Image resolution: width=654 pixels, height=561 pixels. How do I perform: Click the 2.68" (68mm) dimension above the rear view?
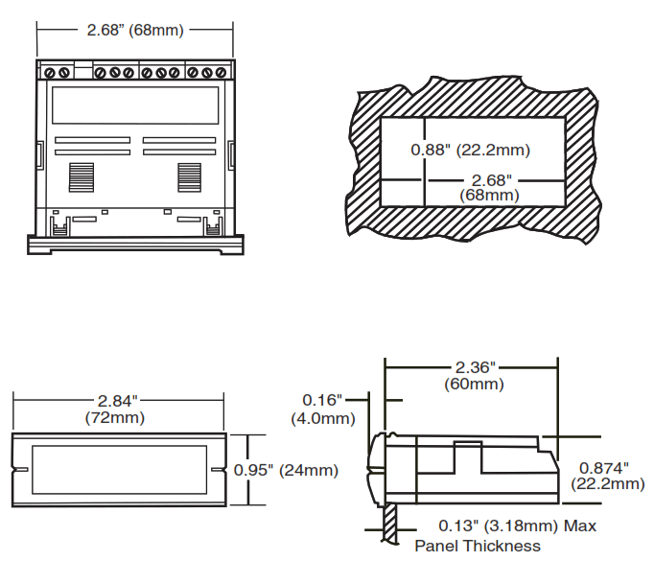pyautogui.click(x=134, y=29)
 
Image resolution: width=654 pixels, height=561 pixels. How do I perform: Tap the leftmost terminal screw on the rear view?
pyautogui.click(x=50, y=72)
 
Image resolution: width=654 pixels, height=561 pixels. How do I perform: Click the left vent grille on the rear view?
pyautogui.click(x=82, y=176)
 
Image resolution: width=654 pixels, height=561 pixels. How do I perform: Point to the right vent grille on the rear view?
pyautogui.click(x=188, y=176)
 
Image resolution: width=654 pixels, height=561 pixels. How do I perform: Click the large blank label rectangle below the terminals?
pyautogui.click(x=134, y=105)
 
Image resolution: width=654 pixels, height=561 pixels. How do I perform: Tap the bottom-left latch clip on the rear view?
pyautogui.click(x=58, y=224)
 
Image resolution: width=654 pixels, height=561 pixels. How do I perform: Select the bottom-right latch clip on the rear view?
pyautogui.click(x=212, y=224)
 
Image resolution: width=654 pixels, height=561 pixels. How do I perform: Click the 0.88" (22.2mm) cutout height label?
pyautogui.click(x=470, y=151)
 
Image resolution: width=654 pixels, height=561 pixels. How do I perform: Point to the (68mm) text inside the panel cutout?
pyautogui.click(x=489, y=195)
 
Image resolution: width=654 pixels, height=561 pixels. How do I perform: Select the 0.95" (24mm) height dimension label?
pyautogui.click(x=286, y=470)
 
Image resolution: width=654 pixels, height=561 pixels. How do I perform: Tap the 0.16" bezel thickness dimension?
pyautogui.click(x=322, y=400)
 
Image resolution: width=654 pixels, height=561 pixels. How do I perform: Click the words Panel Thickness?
pyautogui.click(x=477, y=546)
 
